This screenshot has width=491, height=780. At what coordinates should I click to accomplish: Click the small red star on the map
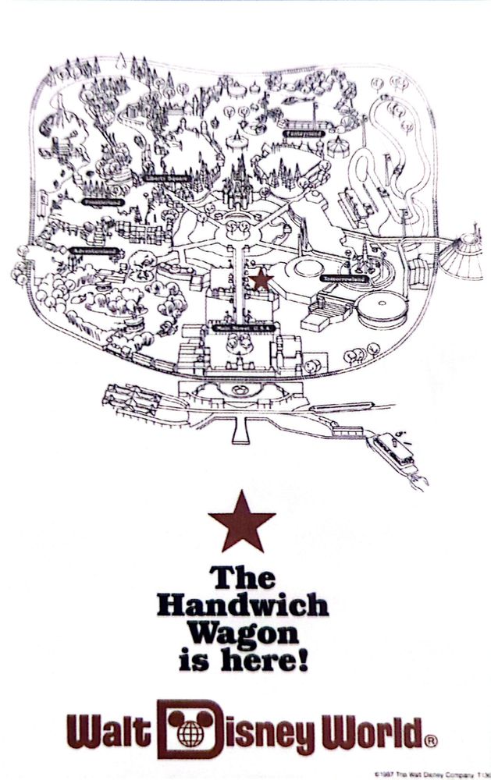coord(261,279)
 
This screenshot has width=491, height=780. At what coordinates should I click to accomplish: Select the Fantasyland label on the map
coord(304,133)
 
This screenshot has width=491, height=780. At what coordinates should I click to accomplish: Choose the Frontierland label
coord(101,200)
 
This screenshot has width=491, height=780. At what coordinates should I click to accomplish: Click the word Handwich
coord(243,606)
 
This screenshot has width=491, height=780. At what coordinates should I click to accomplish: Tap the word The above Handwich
coord(243,578)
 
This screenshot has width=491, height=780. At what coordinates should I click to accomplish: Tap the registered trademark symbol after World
coord(431,740)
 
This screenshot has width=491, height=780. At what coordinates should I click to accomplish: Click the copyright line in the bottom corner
coord(438,773)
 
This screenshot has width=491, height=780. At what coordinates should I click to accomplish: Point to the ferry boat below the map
coord(395,452)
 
